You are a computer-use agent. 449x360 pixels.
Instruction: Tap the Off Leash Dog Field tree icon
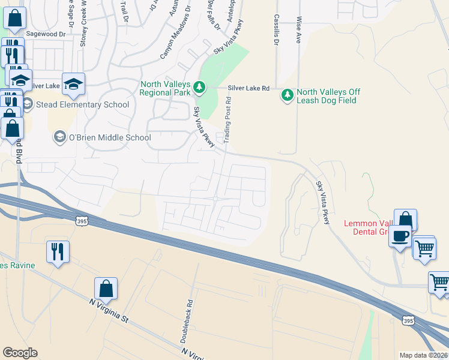288,95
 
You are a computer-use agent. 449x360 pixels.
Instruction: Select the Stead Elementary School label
82,104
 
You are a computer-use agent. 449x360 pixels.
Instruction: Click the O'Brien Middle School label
110,137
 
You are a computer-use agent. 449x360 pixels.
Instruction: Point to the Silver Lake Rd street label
249,88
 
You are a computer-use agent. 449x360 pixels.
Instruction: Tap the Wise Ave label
298,31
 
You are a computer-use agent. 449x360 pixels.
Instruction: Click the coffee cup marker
400,236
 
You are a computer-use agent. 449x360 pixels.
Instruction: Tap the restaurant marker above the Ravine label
58,251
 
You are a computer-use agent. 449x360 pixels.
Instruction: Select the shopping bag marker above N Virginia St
106,289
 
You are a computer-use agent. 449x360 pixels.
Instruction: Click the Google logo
20,353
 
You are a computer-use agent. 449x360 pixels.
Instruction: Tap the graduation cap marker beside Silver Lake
73,85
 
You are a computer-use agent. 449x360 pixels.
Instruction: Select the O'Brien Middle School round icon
59,137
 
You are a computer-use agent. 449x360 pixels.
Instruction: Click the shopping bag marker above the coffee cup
406,220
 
